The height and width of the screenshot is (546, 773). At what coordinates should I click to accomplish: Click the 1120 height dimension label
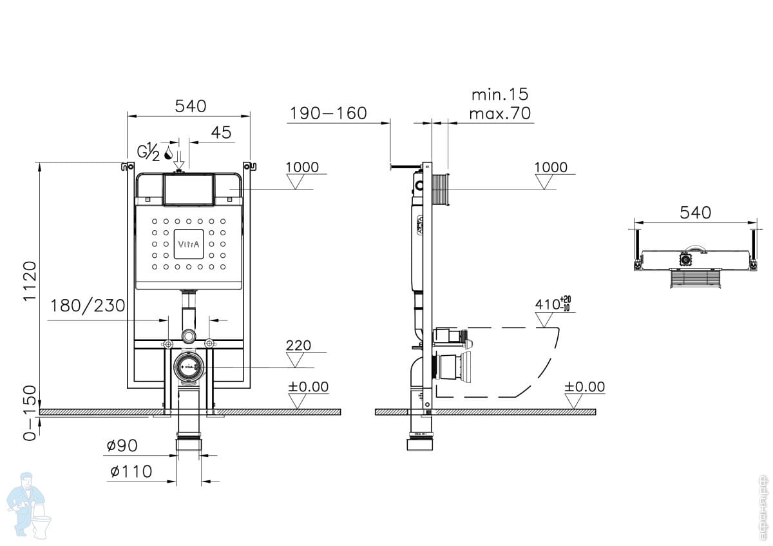point(30,282)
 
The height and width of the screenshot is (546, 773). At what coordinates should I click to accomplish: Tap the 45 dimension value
point(221,132)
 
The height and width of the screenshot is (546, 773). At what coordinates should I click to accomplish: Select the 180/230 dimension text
point(88,305)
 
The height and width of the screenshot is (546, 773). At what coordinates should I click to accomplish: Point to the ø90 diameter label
point(122,445)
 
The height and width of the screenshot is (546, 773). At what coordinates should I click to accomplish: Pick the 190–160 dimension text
point(328,113)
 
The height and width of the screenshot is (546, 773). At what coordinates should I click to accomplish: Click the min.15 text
point(499,95)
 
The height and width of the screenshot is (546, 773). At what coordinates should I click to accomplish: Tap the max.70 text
point(499,114)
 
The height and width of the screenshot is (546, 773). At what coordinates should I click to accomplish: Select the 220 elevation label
point(298,346)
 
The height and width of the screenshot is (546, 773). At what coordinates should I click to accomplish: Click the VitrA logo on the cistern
point(189,244)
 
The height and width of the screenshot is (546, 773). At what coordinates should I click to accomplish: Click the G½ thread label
point(148,152)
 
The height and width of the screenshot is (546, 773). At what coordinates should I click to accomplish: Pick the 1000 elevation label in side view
point(551,168)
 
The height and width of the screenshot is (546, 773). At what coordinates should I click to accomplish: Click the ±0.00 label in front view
point(308,387)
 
